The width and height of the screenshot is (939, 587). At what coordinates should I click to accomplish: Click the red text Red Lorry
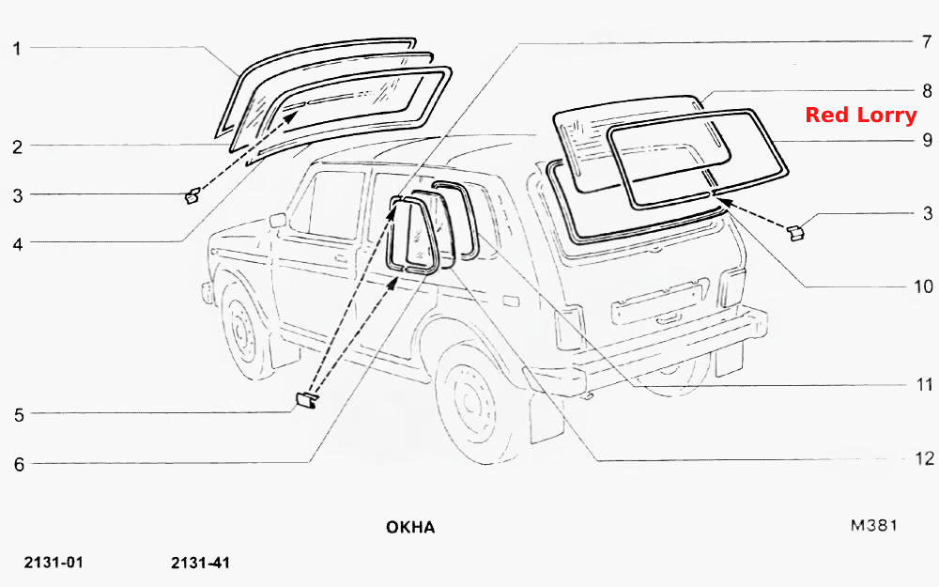pos(860,115)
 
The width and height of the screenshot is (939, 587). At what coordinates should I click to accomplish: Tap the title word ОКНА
pos(410,527)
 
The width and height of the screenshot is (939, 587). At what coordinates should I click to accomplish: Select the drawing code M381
pos(873,525)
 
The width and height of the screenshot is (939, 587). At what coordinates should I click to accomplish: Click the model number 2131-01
pos(54,563)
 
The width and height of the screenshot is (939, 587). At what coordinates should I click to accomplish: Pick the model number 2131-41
pos(200,563)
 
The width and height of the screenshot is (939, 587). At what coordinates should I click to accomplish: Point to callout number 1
pos(17,49)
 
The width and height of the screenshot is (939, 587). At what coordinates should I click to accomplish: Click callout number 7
pos(927,41)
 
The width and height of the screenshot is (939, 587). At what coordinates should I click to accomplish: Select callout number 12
pos(925,458)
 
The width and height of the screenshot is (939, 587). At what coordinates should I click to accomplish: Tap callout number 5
pos(19,414)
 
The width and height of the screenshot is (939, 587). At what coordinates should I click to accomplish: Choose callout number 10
pos(923,286)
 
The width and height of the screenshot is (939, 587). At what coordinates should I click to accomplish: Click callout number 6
pos(19,464)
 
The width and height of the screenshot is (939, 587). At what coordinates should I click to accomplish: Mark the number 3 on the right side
pos(928,212)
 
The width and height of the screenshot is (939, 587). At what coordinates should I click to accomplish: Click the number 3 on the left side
pos(18,195)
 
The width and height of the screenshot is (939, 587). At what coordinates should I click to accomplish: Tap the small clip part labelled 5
pos(306,400)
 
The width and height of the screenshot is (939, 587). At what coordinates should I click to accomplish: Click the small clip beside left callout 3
pos(192,196)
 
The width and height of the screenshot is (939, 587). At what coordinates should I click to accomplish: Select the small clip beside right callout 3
pos(795,233)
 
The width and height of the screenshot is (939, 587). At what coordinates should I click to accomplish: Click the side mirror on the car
pos(277,221)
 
